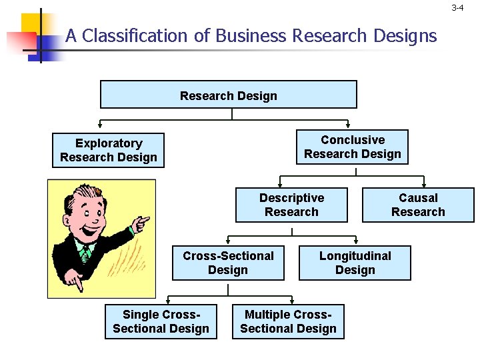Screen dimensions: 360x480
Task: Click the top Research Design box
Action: [228, 95]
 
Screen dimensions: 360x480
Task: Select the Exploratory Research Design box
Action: [109, 151]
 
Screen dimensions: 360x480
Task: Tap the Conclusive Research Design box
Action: [352, 147]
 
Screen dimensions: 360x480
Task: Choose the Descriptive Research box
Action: [291, 205]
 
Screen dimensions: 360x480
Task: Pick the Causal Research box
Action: [418, 205]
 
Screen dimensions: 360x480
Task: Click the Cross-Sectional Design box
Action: [228, 263]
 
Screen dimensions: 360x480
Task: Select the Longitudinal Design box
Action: [355, 263]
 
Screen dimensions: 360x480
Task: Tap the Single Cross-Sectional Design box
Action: [161, 321]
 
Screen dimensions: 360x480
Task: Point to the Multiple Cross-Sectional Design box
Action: [288, 321]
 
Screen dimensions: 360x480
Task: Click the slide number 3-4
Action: [457, 8]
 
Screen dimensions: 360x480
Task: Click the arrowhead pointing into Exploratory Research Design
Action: [100, 125]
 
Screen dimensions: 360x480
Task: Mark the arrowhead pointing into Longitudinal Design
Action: [355, 241]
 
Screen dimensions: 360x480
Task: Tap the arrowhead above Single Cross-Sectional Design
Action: [167, 300]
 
